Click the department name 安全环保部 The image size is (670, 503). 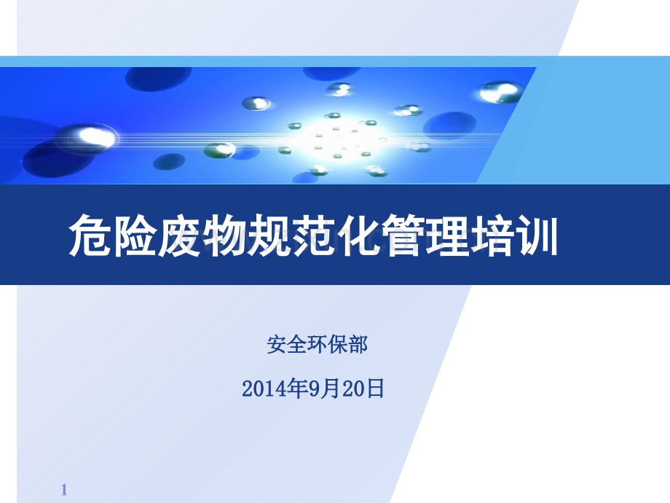(317, 345)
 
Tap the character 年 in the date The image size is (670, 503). (296, 389)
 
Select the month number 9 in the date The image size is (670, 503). (314, 389)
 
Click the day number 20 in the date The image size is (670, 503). (352, 389)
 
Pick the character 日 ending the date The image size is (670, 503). (375, 389)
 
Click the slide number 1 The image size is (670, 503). (64, 490)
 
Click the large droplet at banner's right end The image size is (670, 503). (501, 91)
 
